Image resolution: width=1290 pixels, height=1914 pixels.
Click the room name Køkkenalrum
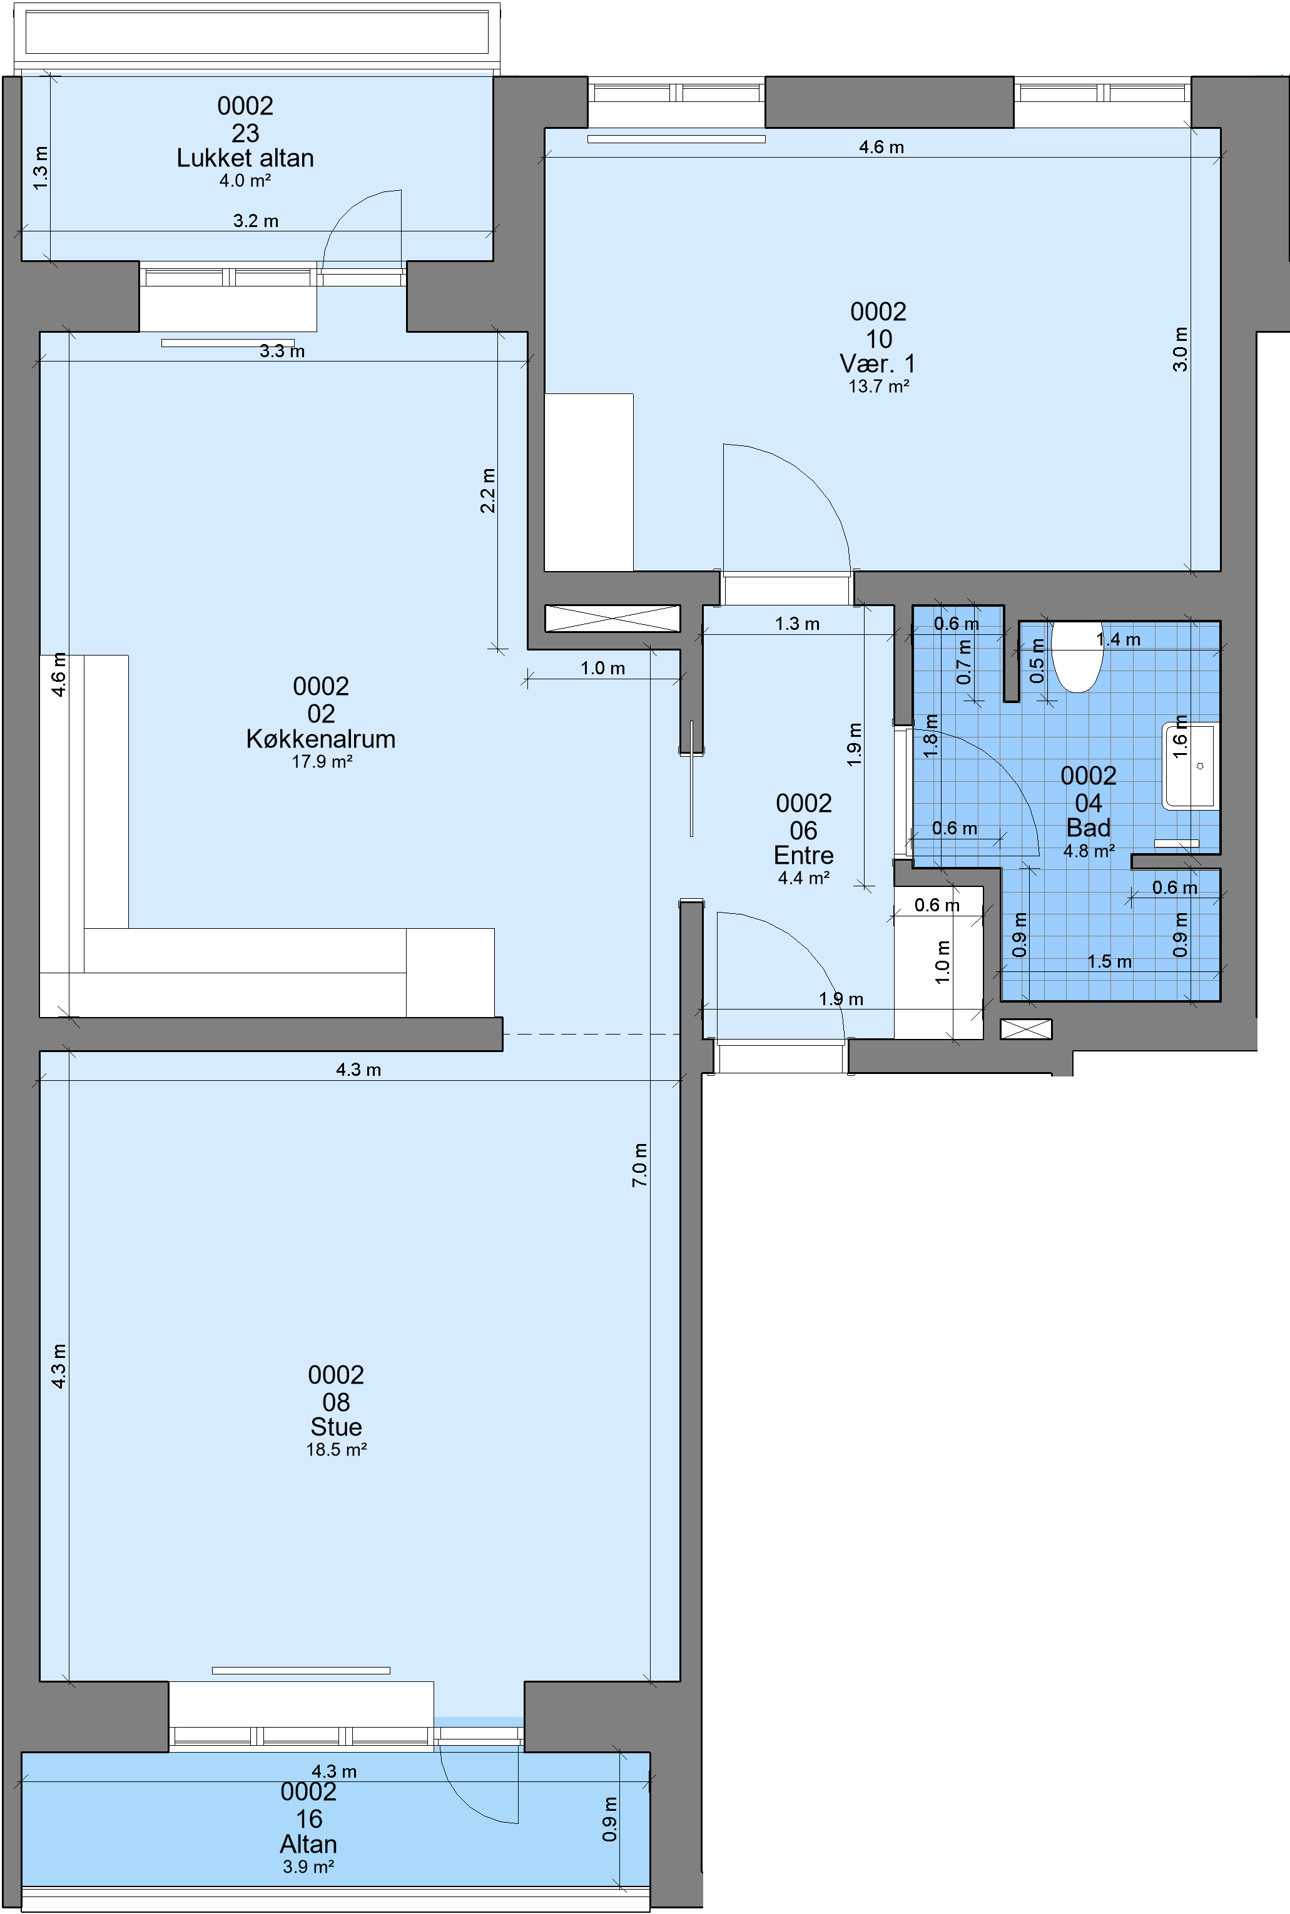tap(321, 739)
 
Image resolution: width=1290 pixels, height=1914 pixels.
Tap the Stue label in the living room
tap(336, 1427)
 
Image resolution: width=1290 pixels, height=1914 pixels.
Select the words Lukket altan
tap(245, 158)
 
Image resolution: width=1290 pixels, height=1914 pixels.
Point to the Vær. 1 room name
tap(878, 363)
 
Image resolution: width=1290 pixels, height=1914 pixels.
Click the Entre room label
tap(804, 856)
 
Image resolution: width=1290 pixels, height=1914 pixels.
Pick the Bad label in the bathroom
tap(1089, 828)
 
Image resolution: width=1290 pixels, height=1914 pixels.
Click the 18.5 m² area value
tap(337, 1450)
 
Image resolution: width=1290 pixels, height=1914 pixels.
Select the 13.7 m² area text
tap(878, 387)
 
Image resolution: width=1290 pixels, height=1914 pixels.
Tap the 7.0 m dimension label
tap(640, 1165)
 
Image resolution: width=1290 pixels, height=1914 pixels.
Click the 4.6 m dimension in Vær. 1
tap(881, 147)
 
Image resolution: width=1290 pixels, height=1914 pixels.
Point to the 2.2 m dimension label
tap(488, 491)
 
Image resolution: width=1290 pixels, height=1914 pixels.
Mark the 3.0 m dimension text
tap(1180, 350)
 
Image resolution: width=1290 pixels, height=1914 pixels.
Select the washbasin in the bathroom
tap(1190, 766)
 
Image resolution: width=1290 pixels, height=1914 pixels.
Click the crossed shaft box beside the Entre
tap(613, 619)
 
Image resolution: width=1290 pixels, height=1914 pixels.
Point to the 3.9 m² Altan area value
tap(308, 1867)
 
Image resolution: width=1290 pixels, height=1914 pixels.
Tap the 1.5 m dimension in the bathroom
tap(1109, 961)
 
